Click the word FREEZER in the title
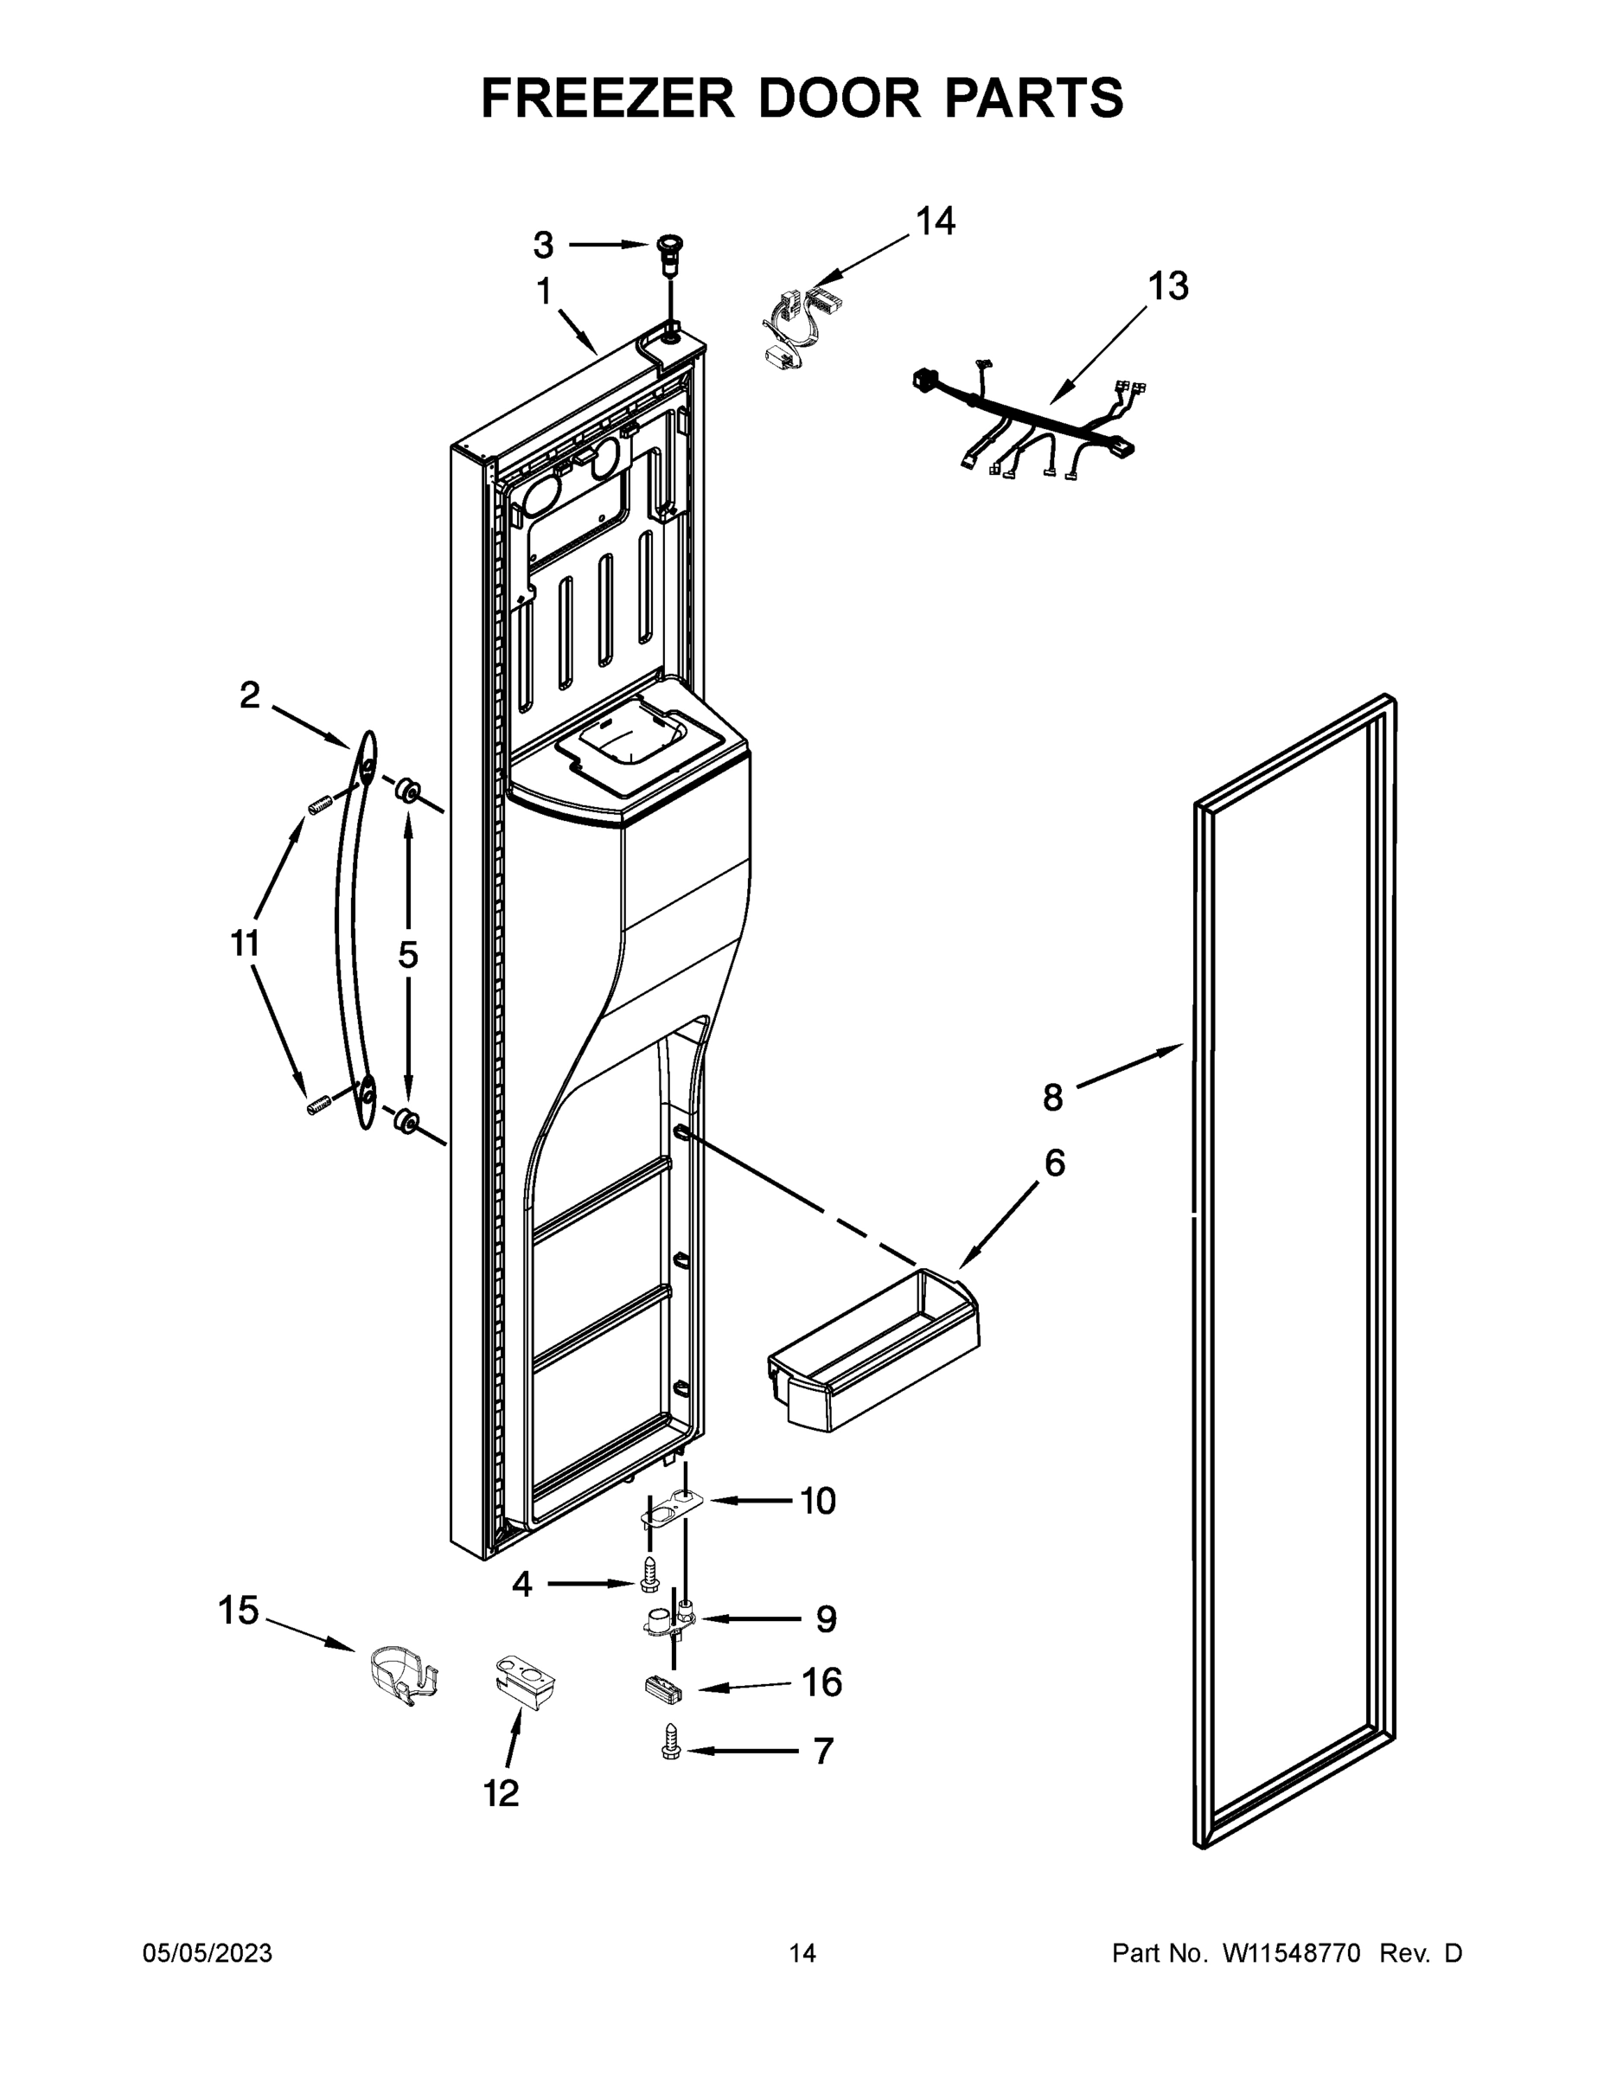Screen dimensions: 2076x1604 click(607, 98)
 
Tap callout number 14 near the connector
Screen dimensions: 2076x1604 click(934, 221)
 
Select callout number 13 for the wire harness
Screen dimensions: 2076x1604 click(1168, 285)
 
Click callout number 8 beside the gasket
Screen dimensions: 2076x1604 click(1052, 1098)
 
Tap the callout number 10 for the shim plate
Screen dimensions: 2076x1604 click(817, 1501)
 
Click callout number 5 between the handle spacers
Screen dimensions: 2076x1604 click(407, 954)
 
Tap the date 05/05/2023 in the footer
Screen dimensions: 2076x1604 click(208, 1953)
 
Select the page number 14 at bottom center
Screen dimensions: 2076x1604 click(802, 1953)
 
